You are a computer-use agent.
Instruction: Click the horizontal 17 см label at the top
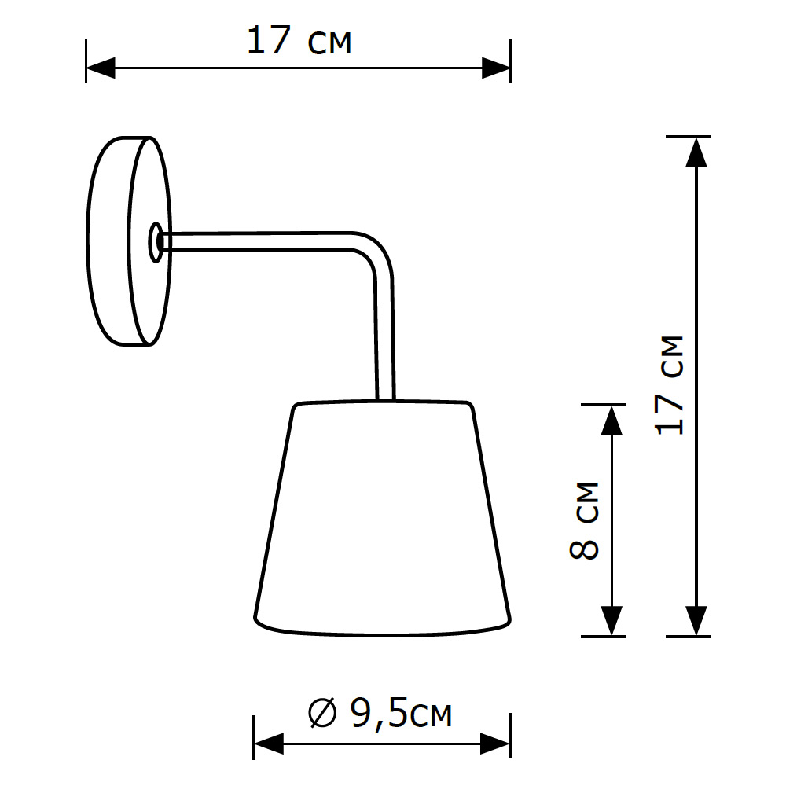299,41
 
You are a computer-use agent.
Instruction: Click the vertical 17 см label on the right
670,385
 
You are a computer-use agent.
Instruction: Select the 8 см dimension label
584,520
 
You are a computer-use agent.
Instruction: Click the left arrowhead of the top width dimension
101,68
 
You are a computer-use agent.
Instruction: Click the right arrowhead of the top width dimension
497,68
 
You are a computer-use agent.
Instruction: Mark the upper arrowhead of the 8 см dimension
611,420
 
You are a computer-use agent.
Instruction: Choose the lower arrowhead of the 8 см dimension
611,620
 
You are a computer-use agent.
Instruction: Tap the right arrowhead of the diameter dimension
497,744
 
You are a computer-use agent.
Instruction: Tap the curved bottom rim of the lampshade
383,630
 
